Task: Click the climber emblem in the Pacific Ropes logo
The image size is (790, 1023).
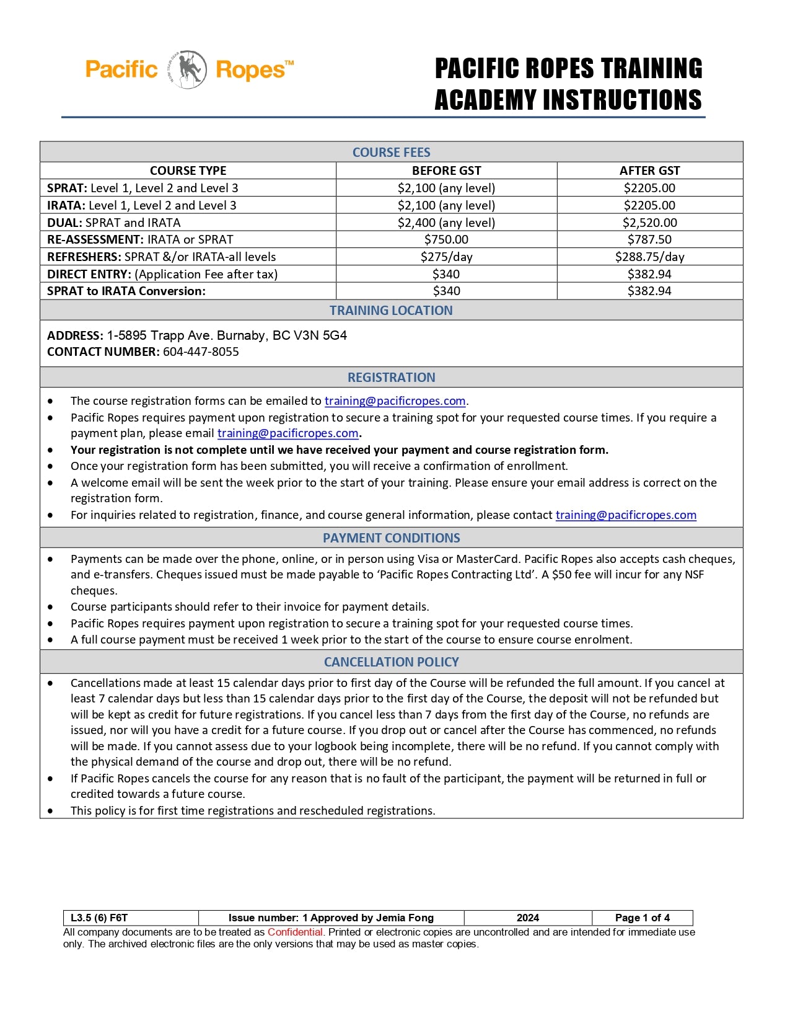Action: click(x=189, y=69)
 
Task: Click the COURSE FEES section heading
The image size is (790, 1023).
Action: click(x=391, y=153)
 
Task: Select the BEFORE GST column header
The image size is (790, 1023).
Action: click(x=446, y=170)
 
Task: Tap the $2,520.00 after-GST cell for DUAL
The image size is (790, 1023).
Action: click(x=649, y=223)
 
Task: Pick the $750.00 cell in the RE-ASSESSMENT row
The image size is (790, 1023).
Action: click(x=446, y=239)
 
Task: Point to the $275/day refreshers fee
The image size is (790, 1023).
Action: click(x=446, y=257)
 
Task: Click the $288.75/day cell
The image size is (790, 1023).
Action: click(x=649, y=257)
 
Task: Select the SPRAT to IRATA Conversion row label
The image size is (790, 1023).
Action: click(x=126, y=291)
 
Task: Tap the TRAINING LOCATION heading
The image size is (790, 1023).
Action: click(x=391, y=311)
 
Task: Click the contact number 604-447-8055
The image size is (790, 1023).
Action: click(x=201, y=352)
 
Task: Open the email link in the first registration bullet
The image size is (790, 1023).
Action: click(x=395, y=401)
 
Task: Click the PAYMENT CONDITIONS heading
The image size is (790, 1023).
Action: click(x=391, y=538)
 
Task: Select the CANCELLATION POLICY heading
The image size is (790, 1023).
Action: click(x=391, y=662)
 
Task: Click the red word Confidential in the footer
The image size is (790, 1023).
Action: click(x=295, y=932)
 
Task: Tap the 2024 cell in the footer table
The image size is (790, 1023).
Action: click(x=528, y=918)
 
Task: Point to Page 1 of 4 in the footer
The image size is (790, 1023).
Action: click(x=643, y=918)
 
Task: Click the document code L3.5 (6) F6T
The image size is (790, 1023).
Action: click(x=99, y=918)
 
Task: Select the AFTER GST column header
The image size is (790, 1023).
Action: click(x=649, y=170)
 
